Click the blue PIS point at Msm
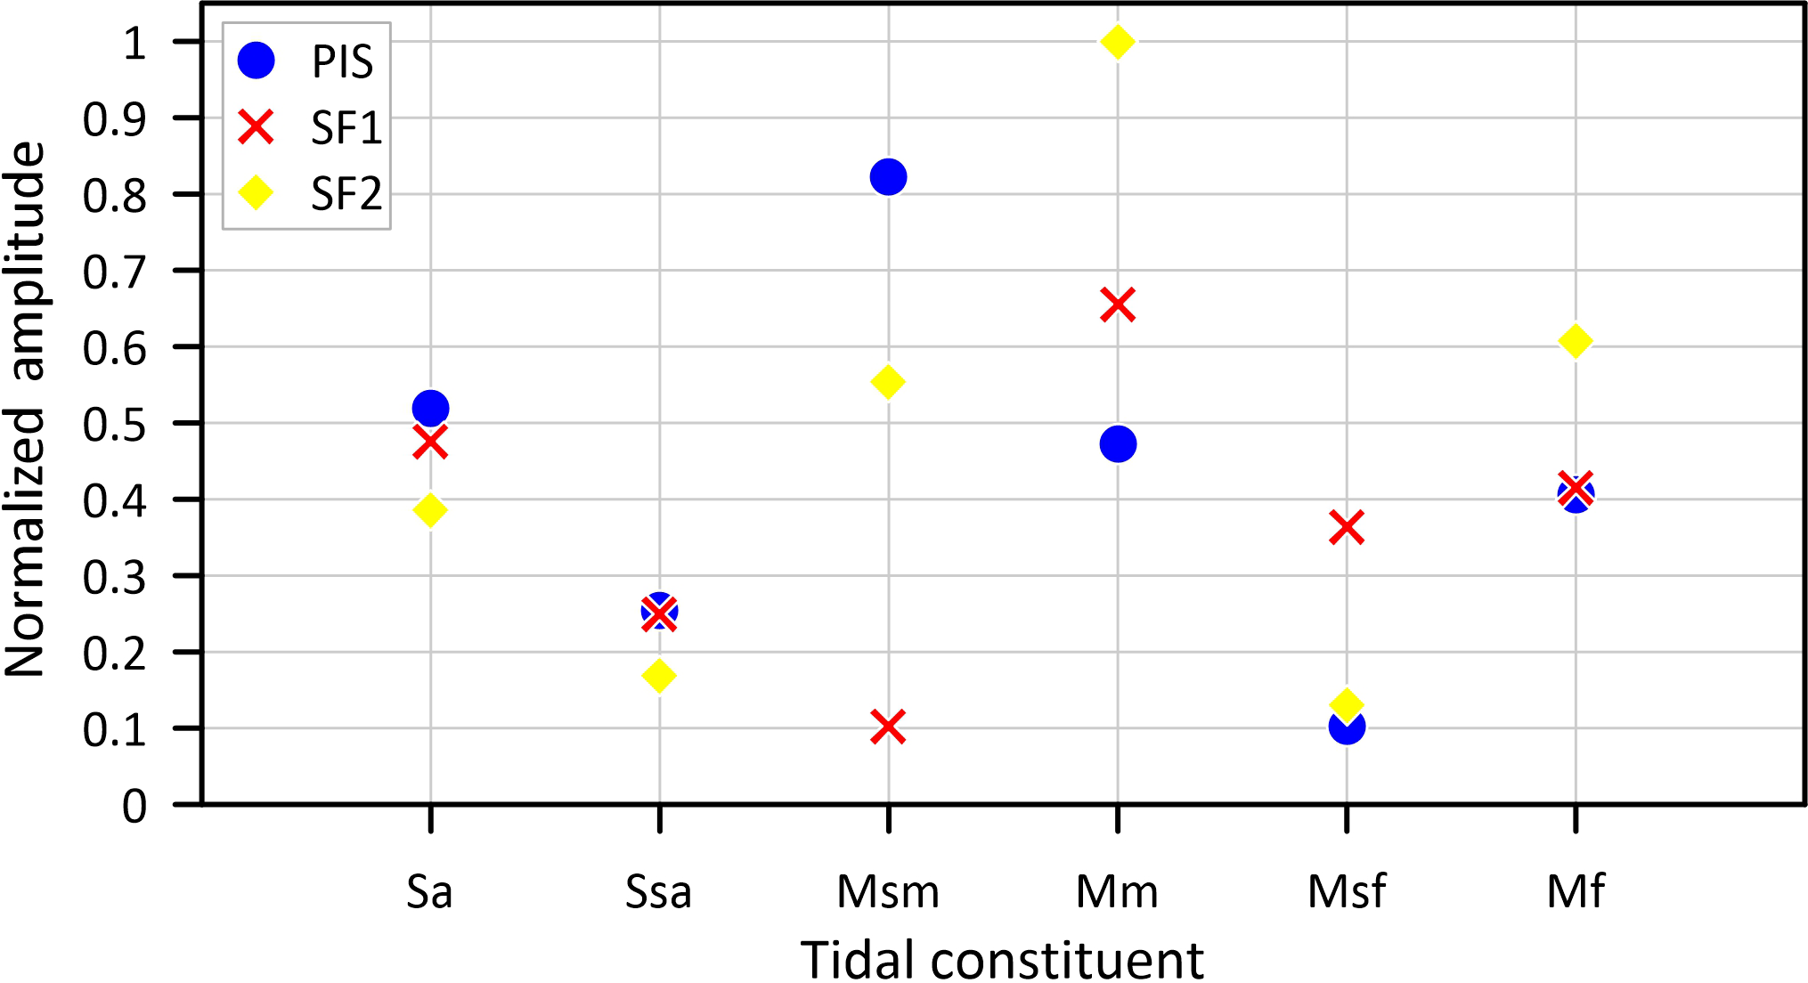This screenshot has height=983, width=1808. click(x=888, y=176)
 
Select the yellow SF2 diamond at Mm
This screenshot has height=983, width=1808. click(x=1117, y=42)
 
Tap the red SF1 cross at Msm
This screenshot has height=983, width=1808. click(x=888, y=727)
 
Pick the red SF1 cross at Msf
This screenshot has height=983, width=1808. click(x=1346, y=527)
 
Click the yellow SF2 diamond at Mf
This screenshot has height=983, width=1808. click(x=1575, y=340)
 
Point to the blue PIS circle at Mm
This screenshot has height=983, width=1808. click(x=1117, y=443)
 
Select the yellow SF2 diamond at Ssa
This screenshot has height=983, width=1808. click(x=659, y=675)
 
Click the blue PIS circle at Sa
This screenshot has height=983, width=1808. click(x=430, y=409)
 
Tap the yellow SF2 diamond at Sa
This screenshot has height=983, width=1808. click(x=430, y=510)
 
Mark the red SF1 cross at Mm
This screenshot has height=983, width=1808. click(x=1117, y=305)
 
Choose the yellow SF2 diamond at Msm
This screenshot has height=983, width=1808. click(x=888, y=383)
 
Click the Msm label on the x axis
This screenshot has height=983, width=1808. click(x=888, y=891)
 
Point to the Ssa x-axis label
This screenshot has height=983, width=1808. click(x=658, y=891)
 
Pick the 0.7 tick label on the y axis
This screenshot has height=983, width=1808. click(x=115, y=272)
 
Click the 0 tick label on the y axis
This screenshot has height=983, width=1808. click(x=134, y=807)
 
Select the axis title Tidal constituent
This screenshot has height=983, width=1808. click(x=1002, y=960)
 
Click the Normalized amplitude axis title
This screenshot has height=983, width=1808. click(x=25, y=410)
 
